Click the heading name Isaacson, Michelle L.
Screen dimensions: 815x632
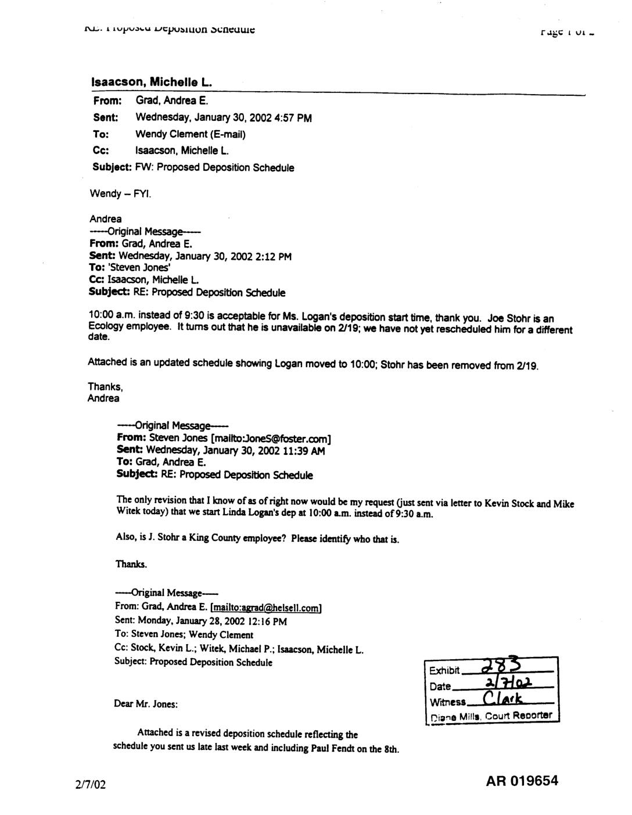152,82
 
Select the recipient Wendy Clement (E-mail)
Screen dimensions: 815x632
191,134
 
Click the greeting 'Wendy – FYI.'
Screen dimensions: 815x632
120,193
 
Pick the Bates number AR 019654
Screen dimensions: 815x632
522,781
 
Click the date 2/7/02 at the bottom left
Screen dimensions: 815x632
91,785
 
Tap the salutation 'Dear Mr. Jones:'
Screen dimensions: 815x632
146,704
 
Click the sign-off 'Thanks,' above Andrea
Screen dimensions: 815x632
105,386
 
